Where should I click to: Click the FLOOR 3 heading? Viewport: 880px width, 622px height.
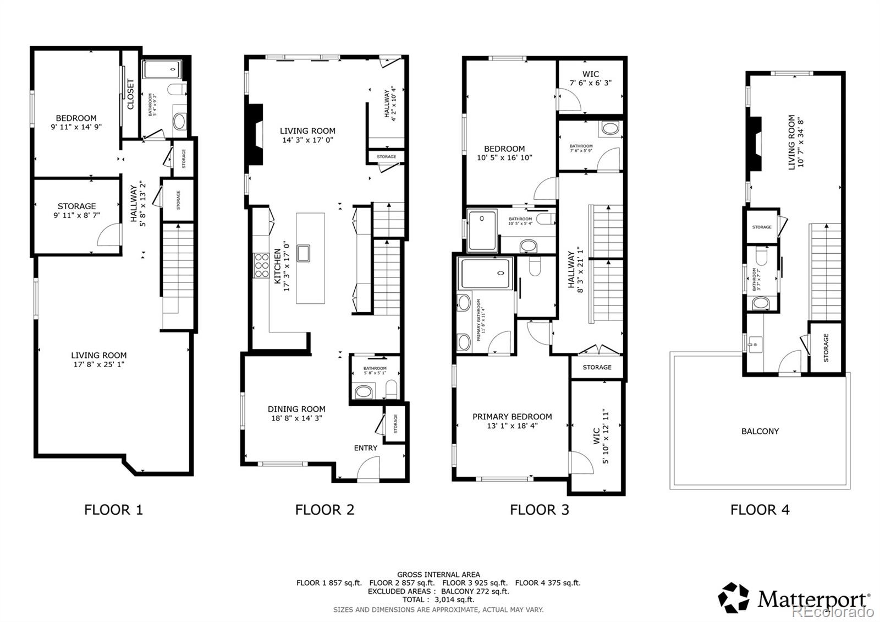(539, 510)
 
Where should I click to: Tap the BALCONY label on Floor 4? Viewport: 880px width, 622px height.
(760, 432)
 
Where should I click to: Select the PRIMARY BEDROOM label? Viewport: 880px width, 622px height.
(512, 417)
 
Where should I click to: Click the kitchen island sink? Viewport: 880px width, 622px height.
(303, 253)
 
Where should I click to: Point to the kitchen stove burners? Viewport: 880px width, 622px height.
(261, 265)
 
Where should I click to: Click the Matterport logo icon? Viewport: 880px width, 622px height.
(734, 597)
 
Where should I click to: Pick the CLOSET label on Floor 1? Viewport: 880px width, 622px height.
(131, 94)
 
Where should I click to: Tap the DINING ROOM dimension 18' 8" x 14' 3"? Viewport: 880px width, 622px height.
(296, 418)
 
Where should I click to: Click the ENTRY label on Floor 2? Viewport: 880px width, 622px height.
(365, 448)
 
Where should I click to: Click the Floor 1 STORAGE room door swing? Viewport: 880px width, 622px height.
(109, 235)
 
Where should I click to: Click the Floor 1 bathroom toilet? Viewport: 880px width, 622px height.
(178, 90)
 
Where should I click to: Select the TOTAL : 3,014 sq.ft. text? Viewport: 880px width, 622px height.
(438, 599)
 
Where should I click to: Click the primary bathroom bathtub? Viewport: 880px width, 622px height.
(487, 274)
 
